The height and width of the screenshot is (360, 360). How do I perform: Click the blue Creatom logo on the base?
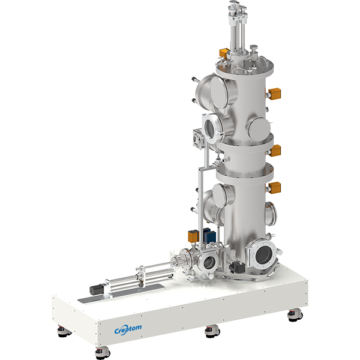coord(128,329)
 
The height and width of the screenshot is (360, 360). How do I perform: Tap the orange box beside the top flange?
coord(224,53)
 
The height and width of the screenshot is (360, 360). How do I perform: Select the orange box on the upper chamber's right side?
coord(274,94)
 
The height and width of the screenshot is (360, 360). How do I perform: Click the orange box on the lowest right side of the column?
coord(274,188)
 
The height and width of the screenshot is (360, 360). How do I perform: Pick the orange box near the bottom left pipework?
coord(193,236)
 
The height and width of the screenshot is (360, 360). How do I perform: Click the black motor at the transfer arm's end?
coord(97,290)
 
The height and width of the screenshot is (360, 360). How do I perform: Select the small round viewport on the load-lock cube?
coord(209,262)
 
